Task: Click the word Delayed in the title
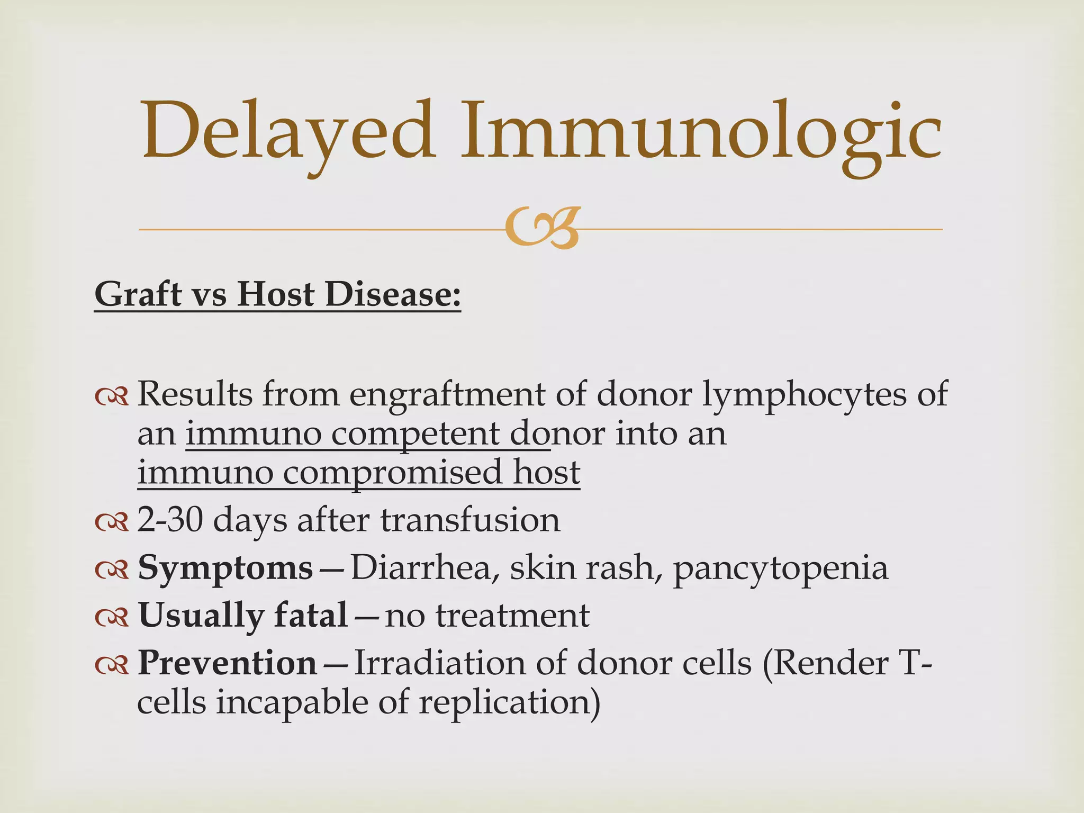tap(288, 132)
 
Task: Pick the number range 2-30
tap(169, 520)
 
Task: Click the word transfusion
tap(470, 520)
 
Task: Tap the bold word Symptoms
tap(225, 568)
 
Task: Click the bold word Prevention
tap(227, 663)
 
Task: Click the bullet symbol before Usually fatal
tap(112, 616)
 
